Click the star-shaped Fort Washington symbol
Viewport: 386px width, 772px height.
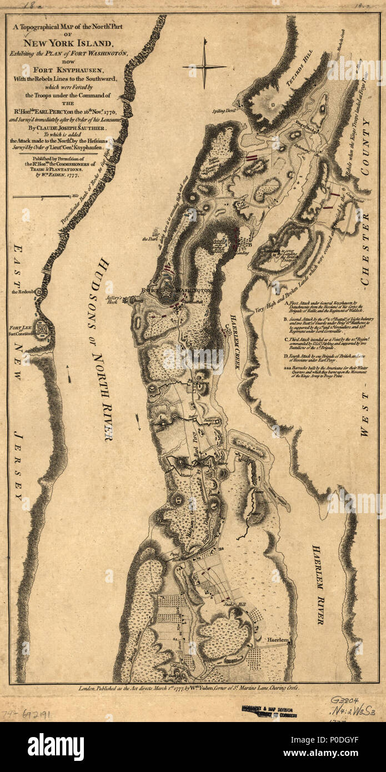(x=166, y=293)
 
